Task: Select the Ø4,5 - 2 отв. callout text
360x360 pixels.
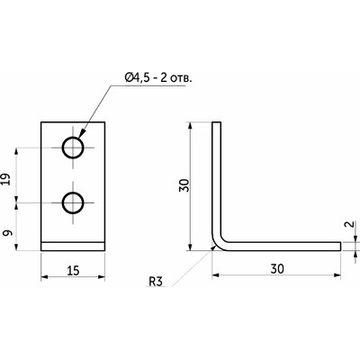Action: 158,78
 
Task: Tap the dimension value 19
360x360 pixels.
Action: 8,179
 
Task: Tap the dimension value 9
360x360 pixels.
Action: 8,233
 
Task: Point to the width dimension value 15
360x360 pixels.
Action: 73,271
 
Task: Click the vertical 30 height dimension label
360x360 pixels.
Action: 184,185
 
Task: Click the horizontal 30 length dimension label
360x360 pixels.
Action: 277,269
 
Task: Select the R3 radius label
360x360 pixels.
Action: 156,282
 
